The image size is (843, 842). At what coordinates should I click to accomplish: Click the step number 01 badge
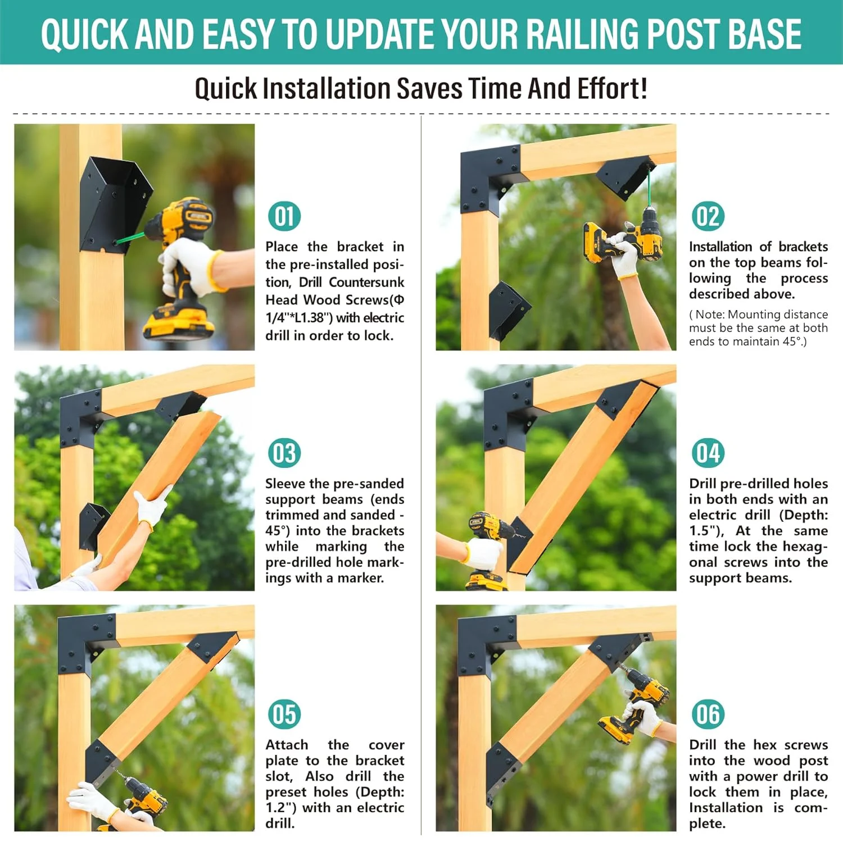[284, 216]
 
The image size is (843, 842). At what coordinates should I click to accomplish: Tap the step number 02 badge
[708, 216]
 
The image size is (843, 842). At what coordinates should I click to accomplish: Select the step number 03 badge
[284, 453]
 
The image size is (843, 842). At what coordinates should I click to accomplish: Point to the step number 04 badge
[708, 453]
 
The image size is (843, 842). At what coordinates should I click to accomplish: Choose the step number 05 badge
[284, 714]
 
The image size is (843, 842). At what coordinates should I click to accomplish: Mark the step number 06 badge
[708, 714]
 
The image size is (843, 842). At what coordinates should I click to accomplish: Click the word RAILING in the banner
[582, 34]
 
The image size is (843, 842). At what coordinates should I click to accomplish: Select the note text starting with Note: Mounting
[758, 328]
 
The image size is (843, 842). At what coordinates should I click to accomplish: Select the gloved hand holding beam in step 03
[152, 506]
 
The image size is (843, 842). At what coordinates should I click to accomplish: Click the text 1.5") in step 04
[706, 531]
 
